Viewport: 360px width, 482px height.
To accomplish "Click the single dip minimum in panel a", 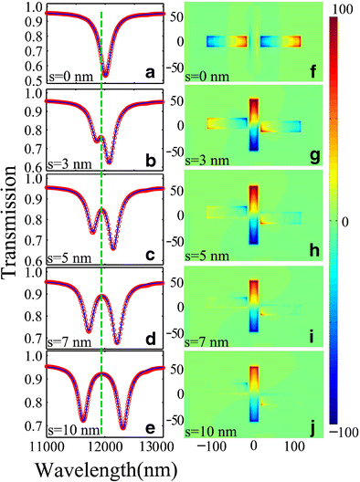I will point(105,74).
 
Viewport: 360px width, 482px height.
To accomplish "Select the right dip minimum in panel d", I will point(117,342).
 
